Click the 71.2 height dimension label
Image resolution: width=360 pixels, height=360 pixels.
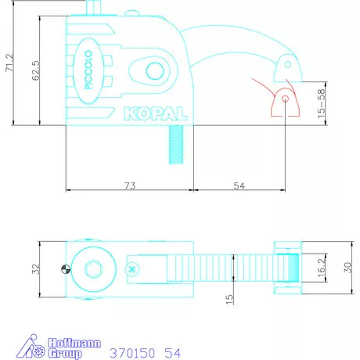click(x=9, y=63)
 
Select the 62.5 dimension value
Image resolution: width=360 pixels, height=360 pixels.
click(x=36, y=70)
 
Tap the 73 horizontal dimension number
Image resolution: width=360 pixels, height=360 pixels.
click(x=130, y=185)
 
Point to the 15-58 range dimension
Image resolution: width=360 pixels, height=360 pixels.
click(x=322, y=103)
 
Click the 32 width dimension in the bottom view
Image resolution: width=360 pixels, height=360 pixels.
click(x=35, y=269)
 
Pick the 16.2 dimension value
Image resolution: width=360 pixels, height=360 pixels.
click(x=322, y=268)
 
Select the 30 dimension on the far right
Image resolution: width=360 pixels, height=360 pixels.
click(x=347, y=268)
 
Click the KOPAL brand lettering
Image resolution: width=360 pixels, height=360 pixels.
click(x=156, y=113)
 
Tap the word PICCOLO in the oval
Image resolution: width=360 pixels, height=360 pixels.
click(x=88, y=70)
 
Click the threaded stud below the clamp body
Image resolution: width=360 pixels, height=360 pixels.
click(x=176, y=144)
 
